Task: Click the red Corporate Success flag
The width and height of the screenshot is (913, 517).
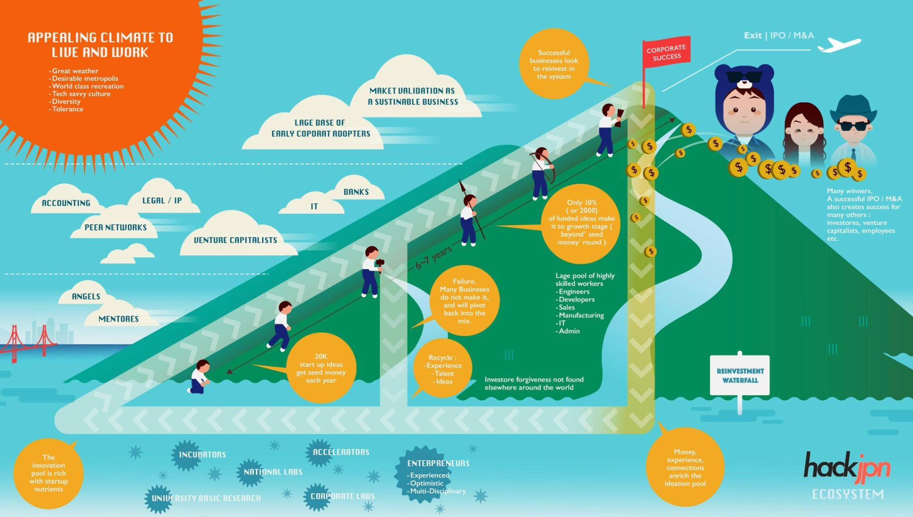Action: (666, 52)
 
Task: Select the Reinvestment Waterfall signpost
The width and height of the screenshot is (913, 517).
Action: (740, 376)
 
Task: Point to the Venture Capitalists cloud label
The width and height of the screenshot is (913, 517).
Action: (235, 240)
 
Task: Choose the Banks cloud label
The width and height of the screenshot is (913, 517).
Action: (356, 192)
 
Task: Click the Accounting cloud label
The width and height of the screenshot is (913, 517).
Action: (66, 203)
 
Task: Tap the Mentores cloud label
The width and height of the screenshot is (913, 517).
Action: (118, 319)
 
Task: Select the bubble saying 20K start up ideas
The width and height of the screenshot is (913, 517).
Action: (321, 368)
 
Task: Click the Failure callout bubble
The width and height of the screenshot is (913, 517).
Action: (464, 301)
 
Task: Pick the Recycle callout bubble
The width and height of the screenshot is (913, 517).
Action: (442, 369)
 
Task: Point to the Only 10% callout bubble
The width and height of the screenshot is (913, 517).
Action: (581, 223)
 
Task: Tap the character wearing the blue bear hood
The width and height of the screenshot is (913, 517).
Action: (744, 109)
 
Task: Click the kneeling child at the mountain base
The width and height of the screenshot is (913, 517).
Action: (200, 377)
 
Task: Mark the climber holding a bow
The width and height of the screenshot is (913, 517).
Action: (541, 173)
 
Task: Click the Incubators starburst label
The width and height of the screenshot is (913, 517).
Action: (202, 455)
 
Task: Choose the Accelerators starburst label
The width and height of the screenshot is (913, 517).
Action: (340, 452)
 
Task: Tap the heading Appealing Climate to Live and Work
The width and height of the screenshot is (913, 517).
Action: (100, 44)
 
